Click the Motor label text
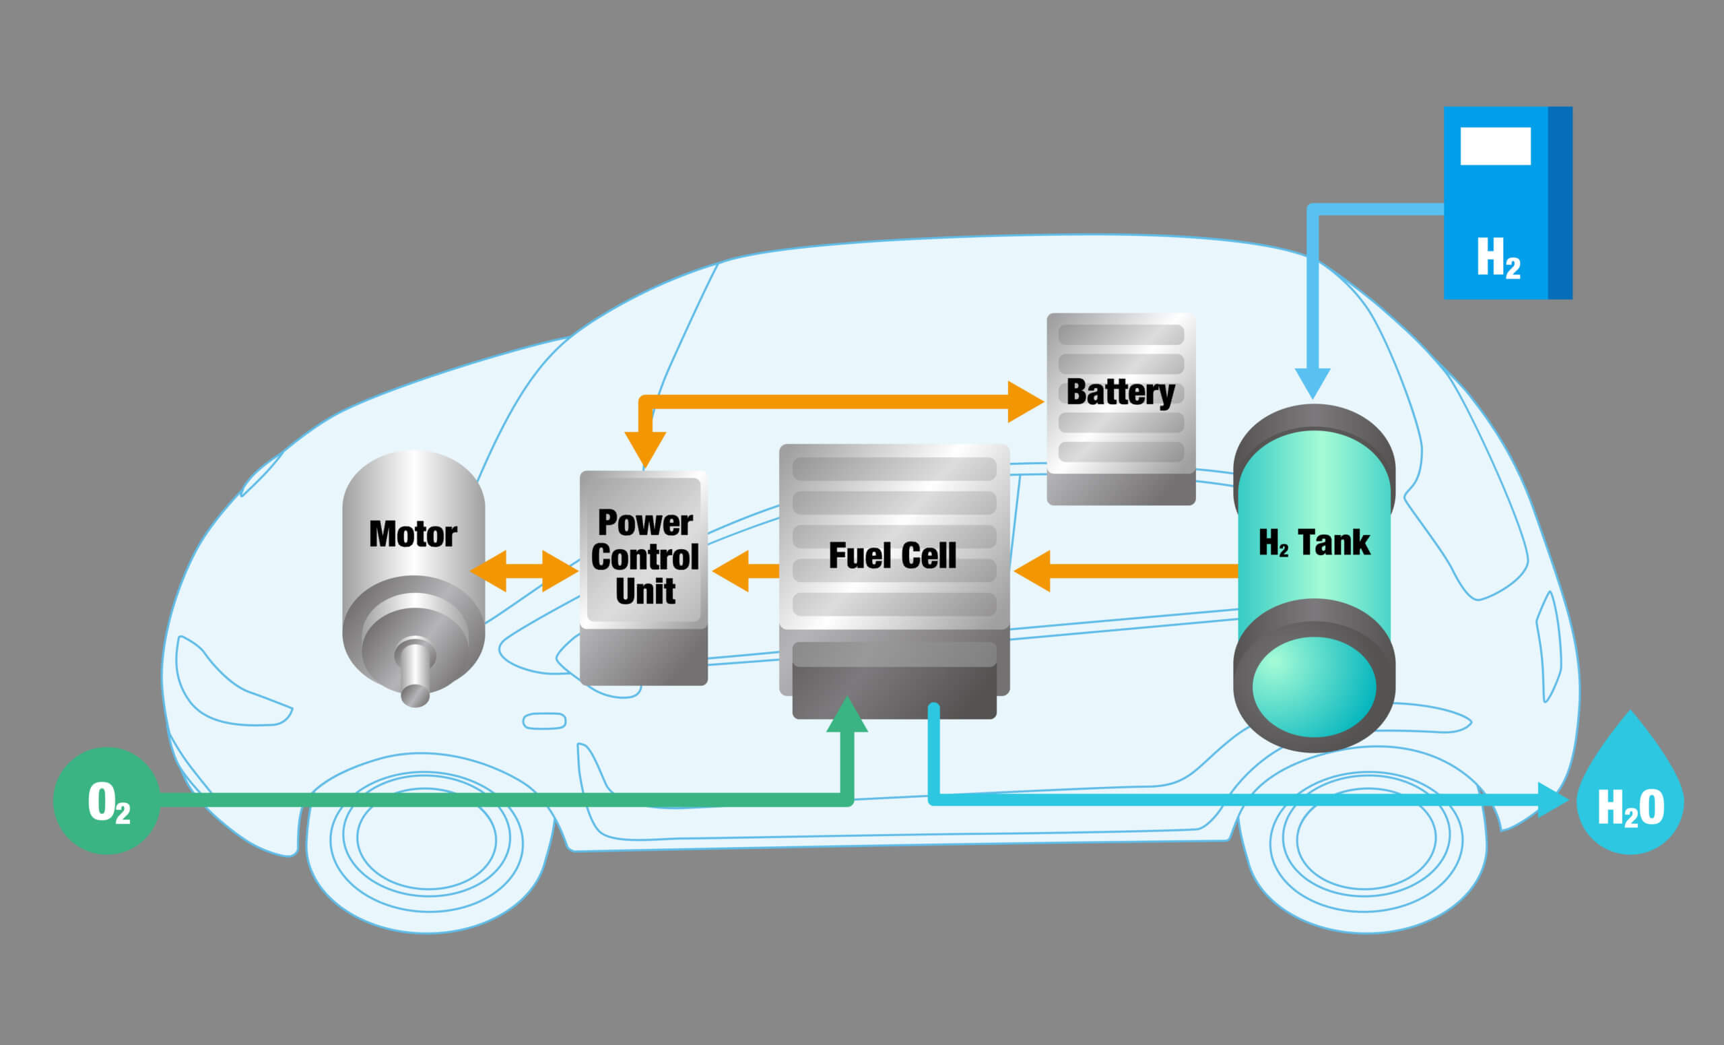click(413, 535)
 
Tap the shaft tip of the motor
click(415, 696)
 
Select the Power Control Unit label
click(644, 557)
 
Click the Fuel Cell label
click(892, 556)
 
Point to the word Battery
click(1119, 392)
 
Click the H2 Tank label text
click(1313, 542)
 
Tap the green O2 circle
click(107, 800)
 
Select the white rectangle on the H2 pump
click(1495, 146)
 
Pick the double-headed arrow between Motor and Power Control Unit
click(523, 571)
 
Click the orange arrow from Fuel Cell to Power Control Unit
click(743, 571)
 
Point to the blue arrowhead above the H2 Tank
click(1313, 382)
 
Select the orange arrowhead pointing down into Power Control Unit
click(644, 448)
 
